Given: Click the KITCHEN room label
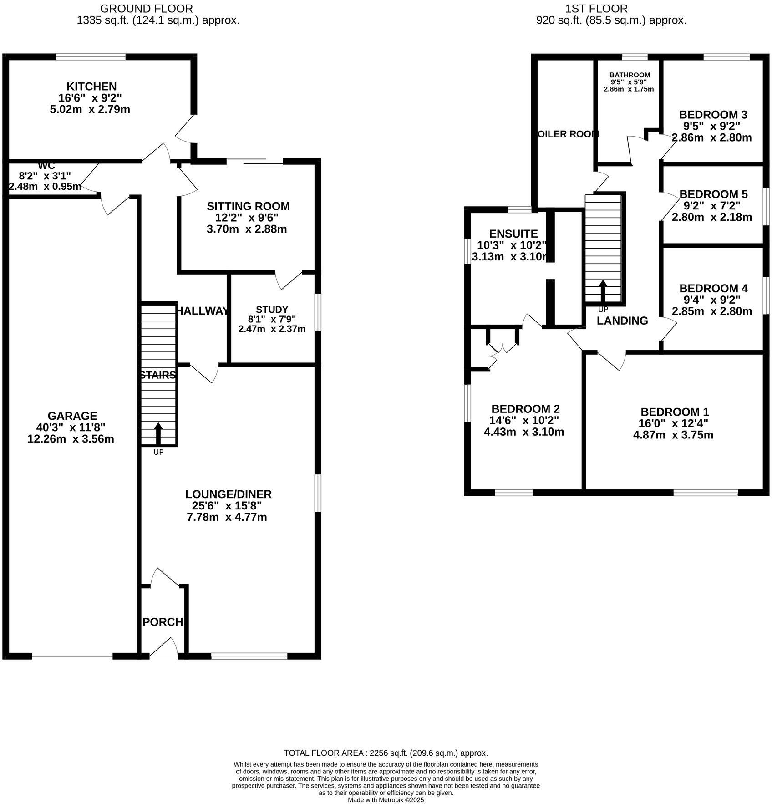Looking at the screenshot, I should (x=91, y=86).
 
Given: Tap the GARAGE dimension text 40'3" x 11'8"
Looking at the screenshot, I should (x=71, y=427).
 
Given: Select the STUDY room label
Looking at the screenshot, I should (x=272, y=310).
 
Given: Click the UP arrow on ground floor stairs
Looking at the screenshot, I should (x=158, y=433).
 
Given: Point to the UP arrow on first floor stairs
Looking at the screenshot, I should (x=603, y=290).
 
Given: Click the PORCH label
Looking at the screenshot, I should (x=163, y=622).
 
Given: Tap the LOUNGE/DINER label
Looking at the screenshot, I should (x=228, y=494).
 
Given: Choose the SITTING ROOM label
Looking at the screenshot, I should (x=248, y=206).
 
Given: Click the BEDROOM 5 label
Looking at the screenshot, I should (x=711, y=194).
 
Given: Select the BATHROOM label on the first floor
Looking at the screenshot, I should (x=630, y=75).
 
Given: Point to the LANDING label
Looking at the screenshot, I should (x=622, y=321).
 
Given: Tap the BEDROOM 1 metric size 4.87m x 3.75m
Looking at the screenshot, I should (x=673, y=435).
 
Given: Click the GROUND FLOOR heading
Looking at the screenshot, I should (x=146, y=8).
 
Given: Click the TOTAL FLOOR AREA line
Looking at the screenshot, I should (x=386, y=753).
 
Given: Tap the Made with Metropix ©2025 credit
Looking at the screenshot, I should (x=386, y=799).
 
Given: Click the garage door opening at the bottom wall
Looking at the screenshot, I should (x=72, y=656).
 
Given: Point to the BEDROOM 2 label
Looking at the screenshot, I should (x=525, y=409).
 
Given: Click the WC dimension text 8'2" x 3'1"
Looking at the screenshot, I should (x=46, y=175).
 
